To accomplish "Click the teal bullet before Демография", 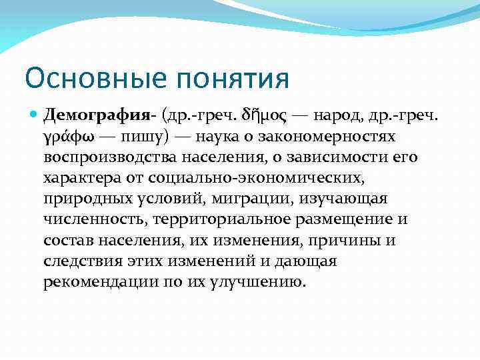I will coord(35,115).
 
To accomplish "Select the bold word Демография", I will coord(97,116).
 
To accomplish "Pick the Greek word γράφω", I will coord(69,137).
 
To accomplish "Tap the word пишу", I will coord(146,137).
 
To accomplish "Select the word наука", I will coord(219,136).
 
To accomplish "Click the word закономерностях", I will coord(338,136).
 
